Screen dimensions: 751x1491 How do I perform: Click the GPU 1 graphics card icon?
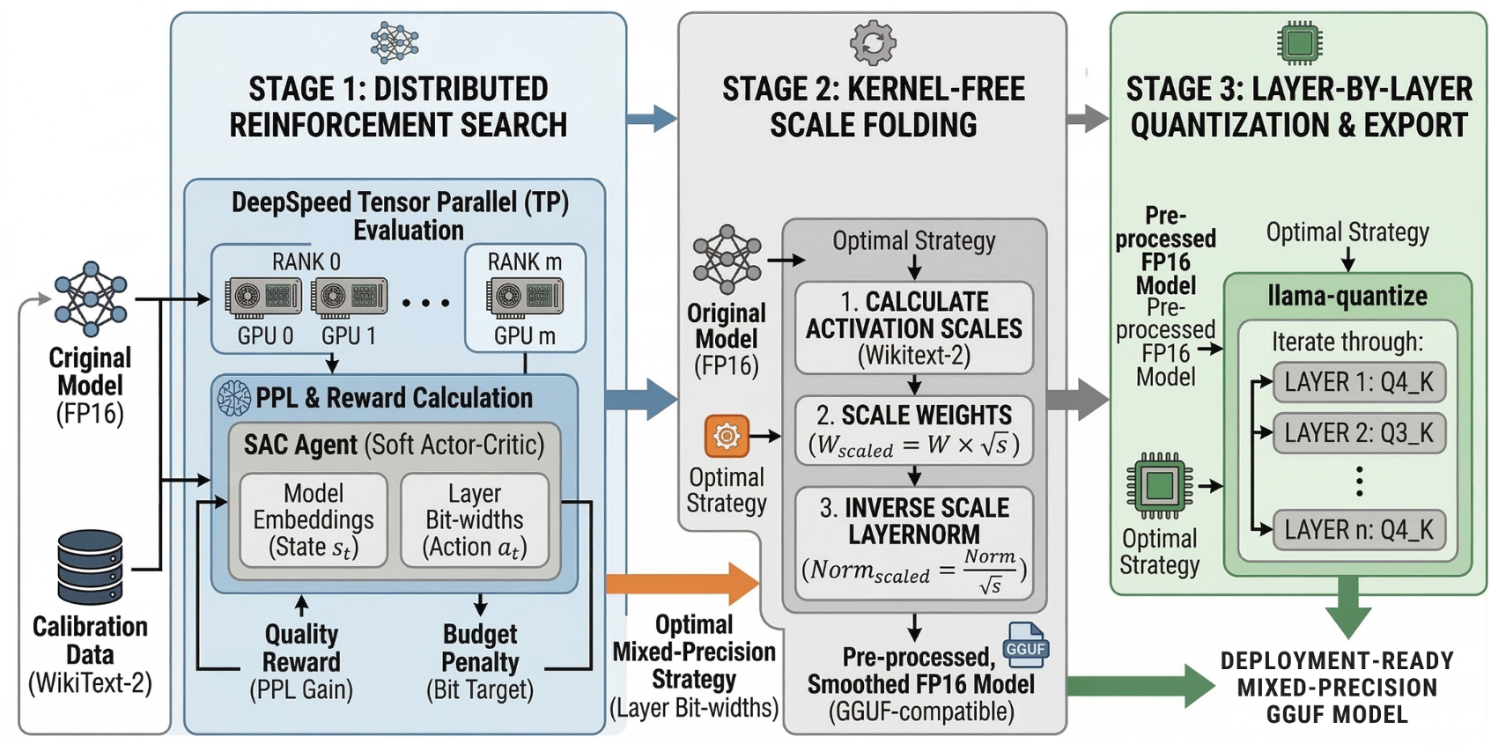click(x=349, y=298)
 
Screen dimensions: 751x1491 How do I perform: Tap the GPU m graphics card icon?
click(x=525, y=298)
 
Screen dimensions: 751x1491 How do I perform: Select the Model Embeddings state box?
click(x=314, y=520)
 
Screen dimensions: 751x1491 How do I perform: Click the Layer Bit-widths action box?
click(x=475, y=520)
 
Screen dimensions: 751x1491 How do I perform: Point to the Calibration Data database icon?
click(x=90, y=567)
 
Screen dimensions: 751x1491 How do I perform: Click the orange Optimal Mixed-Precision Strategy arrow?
click(x=683, y=583)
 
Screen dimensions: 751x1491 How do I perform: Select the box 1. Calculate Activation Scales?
click(x=913, y=328)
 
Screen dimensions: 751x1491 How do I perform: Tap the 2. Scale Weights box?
click(x=913, y=431)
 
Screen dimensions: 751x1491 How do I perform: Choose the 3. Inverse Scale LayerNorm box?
click(x=913, y=542)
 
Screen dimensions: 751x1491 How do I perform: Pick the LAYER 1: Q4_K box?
click(x=1358, y=382)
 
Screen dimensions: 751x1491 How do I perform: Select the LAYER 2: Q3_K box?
click(x=1358, y=433)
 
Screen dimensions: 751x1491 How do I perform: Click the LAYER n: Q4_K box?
click(x=1358, y=530)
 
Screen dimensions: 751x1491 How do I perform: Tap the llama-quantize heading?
click(x=1347, y=296)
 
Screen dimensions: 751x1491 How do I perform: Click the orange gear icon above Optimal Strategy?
click(x=727, y=436)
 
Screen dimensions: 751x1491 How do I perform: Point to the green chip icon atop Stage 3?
click(x=1299, y=42)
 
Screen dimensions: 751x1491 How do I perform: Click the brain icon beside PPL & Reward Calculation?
click(x=234, y=398)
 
